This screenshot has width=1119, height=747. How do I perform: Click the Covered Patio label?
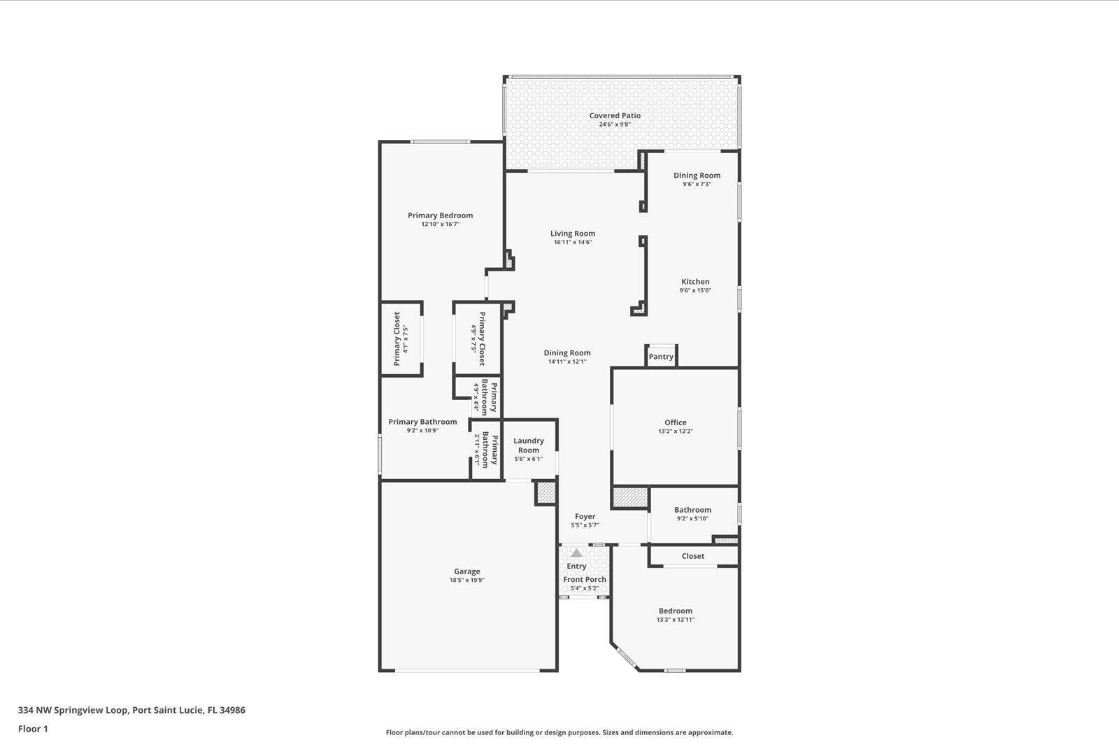(615, 116)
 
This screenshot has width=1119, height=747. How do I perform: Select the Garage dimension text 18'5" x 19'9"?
(466, 581)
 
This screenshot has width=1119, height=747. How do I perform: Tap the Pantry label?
(661, 357)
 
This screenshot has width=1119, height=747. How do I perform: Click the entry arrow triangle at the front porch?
(576, 553)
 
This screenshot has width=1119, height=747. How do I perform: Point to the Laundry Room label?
(529, 446)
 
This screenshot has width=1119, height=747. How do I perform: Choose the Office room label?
(676, 422)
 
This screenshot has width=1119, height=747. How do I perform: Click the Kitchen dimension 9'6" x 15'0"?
(695, 291)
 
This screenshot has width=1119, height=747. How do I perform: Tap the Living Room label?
(573, 234)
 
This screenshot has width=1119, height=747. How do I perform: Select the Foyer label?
(585, 516)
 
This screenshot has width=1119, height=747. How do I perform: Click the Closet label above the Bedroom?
(693, 556)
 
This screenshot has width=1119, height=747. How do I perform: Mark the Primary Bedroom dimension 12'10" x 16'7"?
(440, 225)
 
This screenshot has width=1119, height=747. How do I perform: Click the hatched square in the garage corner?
(546, 492)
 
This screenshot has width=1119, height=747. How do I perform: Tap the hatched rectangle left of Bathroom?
(630, 498)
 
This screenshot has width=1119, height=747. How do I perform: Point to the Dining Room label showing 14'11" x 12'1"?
(567, 353)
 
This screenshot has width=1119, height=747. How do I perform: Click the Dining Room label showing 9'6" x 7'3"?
(697, 176)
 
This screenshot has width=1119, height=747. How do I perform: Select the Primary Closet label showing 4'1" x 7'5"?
(397, 339)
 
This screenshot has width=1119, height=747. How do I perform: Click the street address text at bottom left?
(131, 710)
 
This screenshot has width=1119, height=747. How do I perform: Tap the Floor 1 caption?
(33, 729)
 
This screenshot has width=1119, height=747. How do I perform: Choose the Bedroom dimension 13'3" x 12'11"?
(675, 620)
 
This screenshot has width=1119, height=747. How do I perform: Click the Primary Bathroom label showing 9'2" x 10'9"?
(422, 422)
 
